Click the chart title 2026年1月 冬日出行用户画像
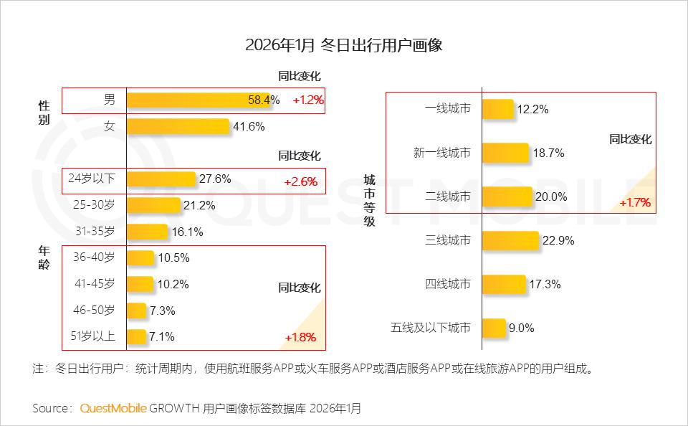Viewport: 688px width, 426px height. tap(343, 45)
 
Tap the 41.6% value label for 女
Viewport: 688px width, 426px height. tap(248, 127)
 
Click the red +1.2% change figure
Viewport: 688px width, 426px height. tap(308, 100)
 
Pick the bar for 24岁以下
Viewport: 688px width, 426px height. tap(161, 179)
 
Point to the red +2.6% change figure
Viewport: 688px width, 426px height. tap(300, 181)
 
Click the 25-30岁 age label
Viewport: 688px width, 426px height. tap(94, 205)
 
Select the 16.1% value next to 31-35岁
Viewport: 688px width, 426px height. tap(187, 232)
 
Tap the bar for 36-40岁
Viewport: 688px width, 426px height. tap(140, 258)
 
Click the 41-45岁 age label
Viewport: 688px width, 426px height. tap(94, 284)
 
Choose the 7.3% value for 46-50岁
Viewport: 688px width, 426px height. tap(162, 311)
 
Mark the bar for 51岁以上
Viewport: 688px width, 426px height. tap(136, 336)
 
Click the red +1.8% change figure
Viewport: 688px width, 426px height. tap(300, 337)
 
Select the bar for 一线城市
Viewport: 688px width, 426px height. tap(498, 110)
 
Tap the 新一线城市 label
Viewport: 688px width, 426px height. tap(442, 153)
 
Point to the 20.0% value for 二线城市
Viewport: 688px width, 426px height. tap(552, 197)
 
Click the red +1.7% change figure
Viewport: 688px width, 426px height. tap(635, 202)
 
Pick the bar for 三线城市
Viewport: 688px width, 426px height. tap(510, 240)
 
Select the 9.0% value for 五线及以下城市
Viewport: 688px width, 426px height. tap(522, 328)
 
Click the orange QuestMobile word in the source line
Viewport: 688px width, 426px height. tap(113, 408)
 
